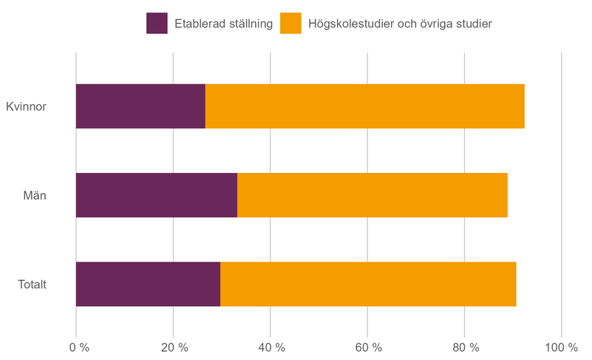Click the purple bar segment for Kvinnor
[140, 106]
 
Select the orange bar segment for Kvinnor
[364, 106]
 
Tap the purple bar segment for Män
[157, 195]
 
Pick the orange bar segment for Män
[372, 195]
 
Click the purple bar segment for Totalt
[148, 284]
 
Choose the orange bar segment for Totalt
[368, 284]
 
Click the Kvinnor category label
[26, 107]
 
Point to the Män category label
[35, 196]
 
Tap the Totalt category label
[32, 285]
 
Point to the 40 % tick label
[271, 347]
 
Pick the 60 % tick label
[367, 347]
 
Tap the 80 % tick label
[464, 347]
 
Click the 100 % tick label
[561, 347]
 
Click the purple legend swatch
[157, 24]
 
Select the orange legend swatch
[290, 24]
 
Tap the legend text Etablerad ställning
[224, 24]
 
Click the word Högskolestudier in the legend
[353, 24]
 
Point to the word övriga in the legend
[442, 24]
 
